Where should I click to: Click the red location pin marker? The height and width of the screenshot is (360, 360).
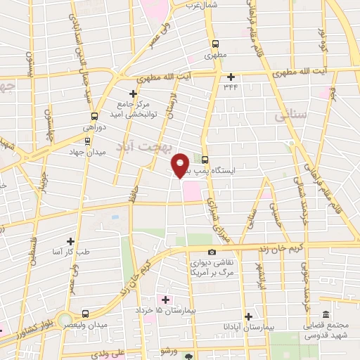(181, 164)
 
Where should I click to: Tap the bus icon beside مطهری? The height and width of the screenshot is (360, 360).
(210, 42)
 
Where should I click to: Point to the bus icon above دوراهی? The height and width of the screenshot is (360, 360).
(94, 116)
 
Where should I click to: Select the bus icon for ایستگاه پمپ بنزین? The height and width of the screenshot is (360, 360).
(205, 159)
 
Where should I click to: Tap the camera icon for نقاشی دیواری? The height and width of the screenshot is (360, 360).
(212, 252)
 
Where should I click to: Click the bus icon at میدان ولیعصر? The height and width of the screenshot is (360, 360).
(85, 314)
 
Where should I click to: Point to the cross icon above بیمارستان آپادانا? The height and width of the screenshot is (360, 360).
(248, 316)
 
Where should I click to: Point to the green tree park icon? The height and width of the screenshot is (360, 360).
(188, 356)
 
